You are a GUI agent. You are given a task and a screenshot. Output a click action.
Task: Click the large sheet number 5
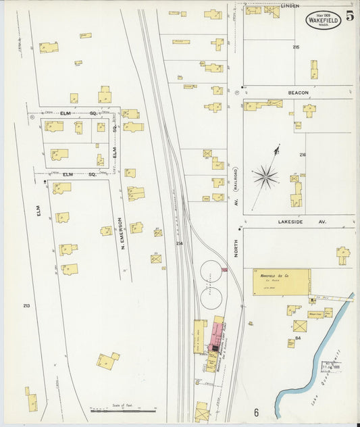click(x=350, y=17)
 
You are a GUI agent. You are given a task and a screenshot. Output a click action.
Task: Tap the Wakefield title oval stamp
click(x=324, y=20)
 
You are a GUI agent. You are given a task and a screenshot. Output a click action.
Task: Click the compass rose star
click(x=265, y=177)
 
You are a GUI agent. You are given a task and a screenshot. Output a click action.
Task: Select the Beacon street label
click(x=298, y=93)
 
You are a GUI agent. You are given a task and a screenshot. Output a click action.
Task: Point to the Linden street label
click(x=290, y=5)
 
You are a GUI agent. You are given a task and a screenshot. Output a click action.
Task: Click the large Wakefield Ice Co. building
click(x=282, y=282)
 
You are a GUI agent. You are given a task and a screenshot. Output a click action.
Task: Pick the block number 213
click(x=26, y=306)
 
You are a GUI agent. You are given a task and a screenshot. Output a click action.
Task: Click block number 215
click(x=296, y=47)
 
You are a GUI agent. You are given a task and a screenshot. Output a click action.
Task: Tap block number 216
click(x=302, y=155)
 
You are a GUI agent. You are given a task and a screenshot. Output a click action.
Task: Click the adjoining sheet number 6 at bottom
click(x=256, y=411)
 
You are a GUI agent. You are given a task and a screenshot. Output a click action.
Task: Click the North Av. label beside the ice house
click(x=236, y=249)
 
